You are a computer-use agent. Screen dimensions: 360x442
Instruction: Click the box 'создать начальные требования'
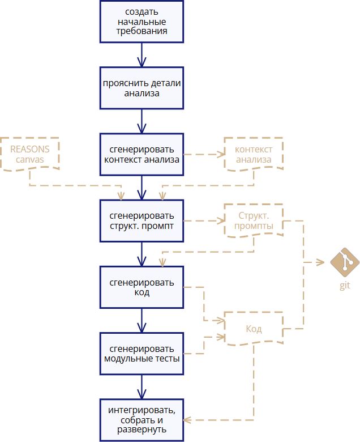142,22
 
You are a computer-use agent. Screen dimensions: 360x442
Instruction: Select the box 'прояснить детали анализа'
142,88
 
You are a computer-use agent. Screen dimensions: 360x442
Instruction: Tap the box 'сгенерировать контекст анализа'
142,155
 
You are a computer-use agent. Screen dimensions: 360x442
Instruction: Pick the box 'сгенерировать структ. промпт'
142,221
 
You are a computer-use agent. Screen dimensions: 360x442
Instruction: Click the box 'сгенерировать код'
142,287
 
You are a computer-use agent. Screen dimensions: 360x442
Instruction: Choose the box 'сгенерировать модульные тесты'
142,354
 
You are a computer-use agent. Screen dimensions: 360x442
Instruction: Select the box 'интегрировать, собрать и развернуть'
142,420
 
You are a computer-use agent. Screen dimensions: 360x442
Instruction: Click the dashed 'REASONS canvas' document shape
29,154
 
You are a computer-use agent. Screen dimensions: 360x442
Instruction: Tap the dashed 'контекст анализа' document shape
254,154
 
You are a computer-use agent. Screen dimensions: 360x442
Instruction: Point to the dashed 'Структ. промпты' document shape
254,220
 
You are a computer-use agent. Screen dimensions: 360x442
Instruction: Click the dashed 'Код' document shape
254,329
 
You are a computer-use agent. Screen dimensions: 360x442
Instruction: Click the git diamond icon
345,262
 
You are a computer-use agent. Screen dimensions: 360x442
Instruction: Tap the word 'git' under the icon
345,285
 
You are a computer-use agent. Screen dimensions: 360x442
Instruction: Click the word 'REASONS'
29,149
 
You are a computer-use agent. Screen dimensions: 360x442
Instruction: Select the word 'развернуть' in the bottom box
142,430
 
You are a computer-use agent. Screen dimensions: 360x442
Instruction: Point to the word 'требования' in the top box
142,31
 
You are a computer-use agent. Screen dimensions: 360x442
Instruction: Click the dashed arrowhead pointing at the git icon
320,262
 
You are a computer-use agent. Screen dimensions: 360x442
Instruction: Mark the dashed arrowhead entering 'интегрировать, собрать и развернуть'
187,420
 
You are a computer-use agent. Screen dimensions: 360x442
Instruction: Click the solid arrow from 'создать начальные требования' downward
142,55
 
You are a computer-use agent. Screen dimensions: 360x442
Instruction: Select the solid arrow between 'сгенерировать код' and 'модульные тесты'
142,321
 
